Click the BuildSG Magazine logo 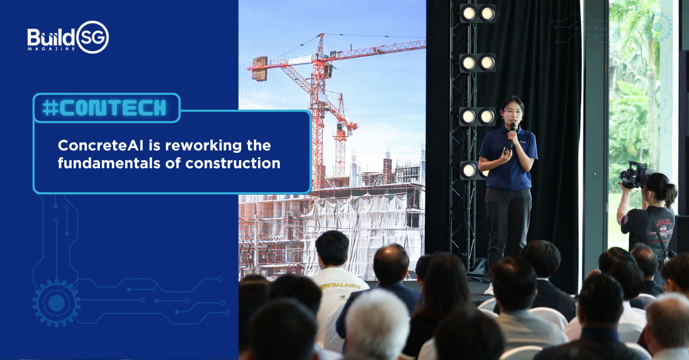(68, 37)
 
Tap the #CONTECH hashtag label (106, 107)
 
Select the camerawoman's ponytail (670, 195)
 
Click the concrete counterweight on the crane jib (259, 68)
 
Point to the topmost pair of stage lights (477, 13)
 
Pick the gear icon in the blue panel (56, 303)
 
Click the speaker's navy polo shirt (508, 161)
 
